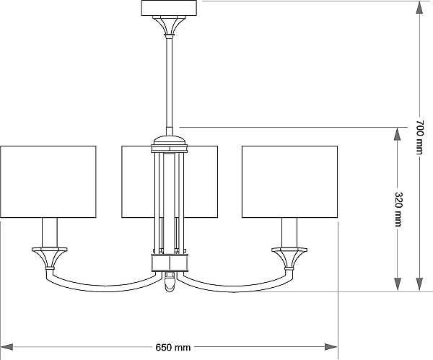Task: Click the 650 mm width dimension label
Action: [173, 347]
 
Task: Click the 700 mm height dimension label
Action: [420, 137]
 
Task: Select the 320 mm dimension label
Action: [398, 209]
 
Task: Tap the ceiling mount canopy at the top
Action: [169, 8]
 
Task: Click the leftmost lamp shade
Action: [48, 182]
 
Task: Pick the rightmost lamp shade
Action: [289, 182]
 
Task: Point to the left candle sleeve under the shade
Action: [50, 232]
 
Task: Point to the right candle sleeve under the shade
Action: [289, 232]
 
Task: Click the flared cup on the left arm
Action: [50, 258]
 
